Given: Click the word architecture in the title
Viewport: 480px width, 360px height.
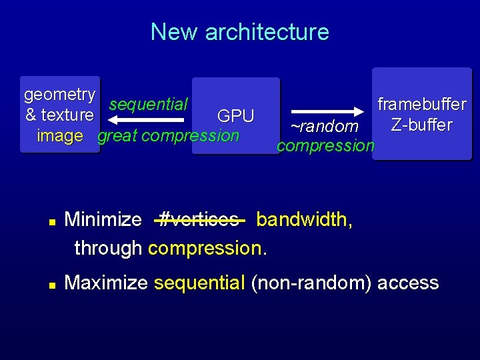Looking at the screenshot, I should point(267,32).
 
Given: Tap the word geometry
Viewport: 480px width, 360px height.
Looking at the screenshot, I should point(59,94).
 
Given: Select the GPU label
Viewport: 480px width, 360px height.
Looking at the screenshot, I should point(235,116).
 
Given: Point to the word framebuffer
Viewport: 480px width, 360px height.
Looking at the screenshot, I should point(421,104).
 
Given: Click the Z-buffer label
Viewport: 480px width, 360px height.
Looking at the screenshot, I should point(421,125).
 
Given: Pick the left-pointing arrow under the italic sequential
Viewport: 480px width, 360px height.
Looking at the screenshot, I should point(146,120).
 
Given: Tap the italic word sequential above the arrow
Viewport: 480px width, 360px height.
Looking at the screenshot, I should point(148,104).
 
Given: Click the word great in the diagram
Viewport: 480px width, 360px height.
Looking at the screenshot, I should point(118,136).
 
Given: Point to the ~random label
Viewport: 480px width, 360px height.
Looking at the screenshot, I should point(324,126).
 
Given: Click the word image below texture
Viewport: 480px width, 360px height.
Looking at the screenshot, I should point(60,136).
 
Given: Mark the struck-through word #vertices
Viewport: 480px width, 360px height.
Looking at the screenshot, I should point(199,219).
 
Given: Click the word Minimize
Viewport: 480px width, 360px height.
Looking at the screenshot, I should point(103,219).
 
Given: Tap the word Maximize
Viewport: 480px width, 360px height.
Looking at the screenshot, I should point(105,283).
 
